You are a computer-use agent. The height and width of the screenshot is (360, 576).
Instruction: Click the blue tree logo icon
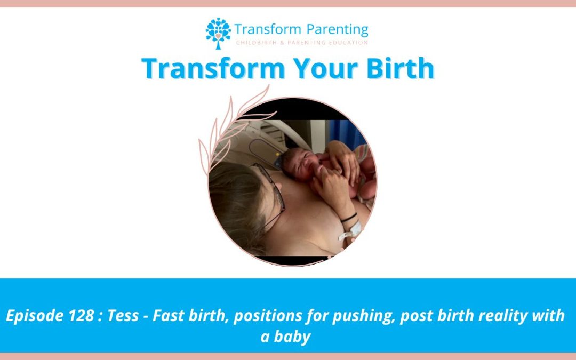click(218, 33)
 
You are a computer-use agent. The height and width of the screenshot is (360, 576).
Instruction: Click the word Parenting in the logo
click(337, 30)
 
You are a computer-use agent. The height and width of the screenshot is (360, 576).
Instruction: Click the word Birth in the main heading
click(400, 68)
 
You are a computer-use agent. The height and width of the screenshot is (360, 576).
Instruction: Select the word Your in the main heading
click(325, 68)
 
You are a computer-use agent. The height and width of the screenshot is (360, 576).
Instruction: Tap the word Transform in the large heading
click(213, 68)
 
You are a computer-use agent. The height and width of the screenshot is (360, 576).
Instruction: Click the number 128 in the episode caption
click(81, 316)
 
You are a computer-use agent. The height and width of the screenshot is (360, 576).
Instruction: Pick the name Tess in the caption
click(123, 316)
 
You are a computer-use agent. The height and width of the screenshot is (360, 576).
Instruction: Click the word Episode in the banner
click(35, 316)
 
